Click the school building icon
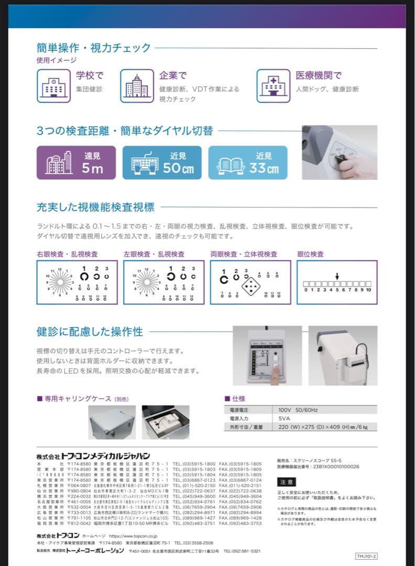(52, 85)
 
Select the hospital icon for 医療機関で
(273, 85)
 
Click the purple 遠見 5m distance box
(76, 163)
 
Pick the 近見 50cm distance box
(162, 163)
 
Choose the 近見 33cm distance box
(248, 163)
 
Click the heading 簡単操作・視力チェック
(94, 48)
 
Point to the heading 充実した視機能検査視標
(96, 207)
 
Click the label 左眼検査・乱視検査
(154, 254)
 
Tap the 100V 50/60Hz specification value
(296, 409)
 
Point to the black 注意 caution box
(287, 482)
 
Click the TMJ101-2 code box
(366, 556)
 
